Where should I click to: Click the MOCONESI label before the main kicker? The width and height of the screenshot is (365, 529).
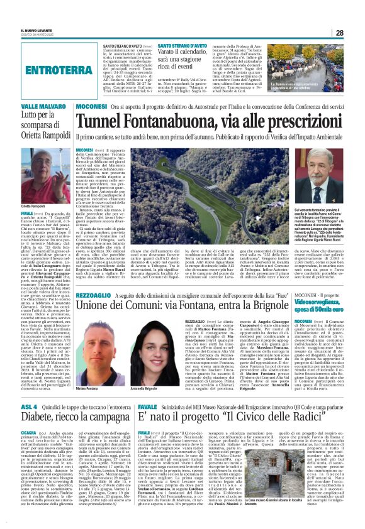[x=91, y=107]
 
